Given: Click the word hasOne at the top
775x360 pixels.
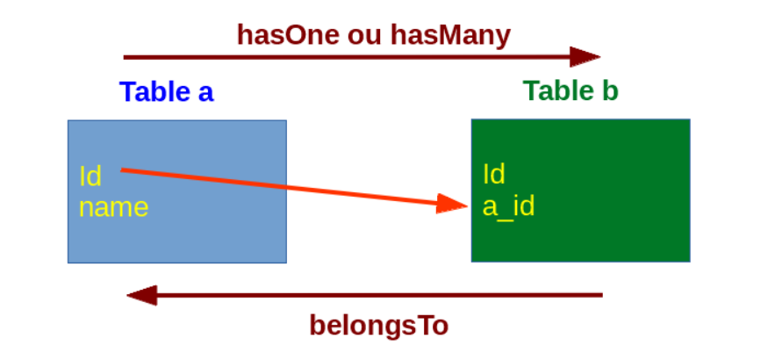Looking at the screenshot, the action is [x=288, y=35].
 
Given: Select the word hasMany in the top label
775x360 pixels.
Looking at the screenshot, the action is [x=450, y=36].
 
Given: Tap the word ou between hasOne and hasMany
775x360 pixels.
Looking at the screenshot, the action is [x=365, y=38].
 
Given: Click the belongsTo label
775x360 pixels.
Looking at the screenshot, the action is [x=378, y=327].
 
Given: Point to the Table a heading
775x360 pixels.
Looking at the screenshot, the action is [x=167, y=91].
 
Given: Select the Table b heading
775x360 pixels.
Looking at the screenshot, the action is [x=570, y=90].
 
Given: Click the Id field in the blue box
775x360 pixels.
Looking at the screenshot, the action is [x=90, y=176].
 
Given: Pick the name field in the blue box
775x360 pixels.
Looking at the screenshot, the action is [x=114, y=207].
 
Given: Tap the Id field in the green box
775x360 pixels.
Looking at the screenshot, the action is [x=494, y=174].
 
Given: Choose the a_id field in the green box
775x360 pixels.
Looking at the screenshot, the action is [x=508, y=205].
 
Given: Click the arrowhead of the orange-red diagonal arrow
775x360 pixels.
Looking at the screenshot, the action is [x=451, y=204].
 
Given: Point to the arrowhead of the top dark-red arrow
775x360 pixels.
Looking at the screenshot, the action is [x=585, y=57].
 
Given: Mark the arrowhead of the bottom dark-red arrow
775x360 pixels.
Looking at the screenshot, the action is [x=142, y=295].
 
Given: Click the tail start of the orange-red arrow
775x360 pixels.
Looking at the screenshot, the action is [x=122, y=170].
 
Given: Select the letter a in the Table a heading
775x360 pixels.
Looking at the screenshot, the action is [x=206, y=94].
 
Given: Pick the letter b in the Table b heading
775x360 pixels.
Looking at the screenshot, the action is [x=610, y=91].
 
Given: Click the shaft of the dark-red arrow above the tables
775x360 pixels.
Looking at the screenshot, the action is [x=347, y=57].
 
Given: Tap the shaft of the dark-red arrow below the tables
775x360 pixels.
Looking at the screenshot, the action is [x=379, y=295].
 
